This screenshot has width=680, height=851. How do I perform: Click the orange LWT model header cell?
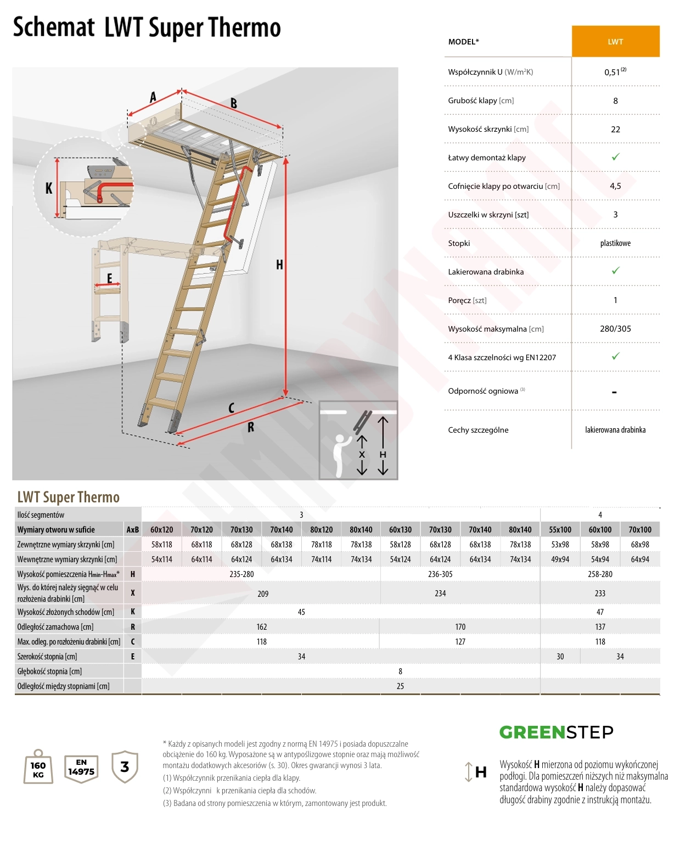[x=615, y=42]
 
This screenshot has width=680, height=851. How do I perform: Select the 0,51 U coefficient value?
[x=615, y=71]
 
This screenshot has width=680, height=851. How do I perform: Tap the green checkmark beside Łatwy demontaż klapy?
[x=615, y=157]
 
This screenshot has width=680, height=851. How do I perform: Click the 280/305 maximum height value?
[x=615, y=329]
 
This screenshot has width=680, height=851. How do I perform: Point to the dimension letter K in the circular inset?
[x=49, y=188]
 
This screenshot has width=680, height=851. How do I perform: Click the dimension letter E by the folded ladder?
[x=110, y=278]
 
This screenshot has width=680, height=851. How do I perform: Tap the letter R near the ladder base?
[x=251, y=427]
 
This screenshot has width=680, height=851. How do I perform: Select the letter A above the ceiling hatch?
[x=153, y=97]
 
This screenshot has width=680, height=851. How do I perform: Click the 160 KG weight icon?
[x=38, y=766]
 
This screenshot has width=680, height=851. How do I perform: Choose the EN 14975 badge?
[x=81, y=768]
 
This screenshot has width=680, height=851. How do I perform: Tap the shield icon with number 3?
[x=125, y=767]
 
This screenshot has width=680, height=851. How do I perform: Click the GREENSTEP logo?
[x=557, y=732]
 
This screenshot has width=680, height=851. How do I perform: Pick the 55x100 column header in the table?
[x=560, y=529]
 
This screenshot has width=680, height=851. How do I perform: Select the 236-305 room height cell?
[x=440, y=574]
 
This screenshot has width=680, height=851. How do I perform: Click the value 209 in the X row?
[x=263, y=594]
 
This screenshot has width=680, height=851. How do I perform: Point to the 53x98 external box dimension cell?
[x=560, y=545]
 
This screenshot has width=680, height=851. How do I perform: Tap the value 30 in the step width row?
[x=560, y=657]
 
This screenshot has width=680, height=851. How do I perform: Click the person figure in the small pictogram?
[x=341, y=455]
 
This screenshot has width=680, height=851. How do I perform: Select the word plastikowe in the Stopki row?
[x=615, y=243]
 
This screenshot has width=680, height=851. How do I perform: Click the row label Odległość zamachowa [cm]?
[x=55, y=627]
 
